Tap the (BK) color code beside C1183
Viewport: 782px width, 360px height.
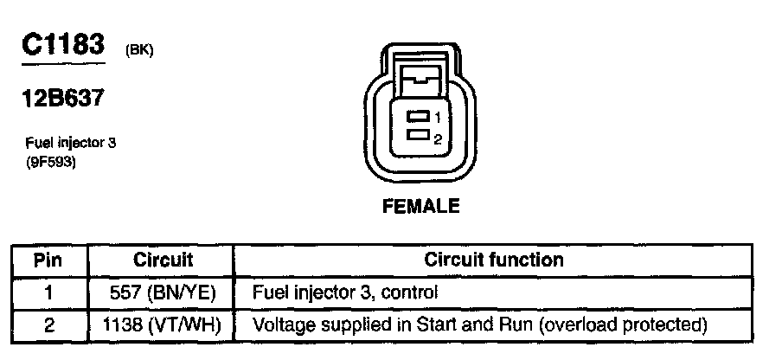click(139, 50)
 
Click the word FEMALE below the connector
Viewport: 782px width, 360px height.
click(421, 207)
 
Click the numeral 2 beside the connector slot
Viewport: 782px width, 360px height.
click(439, 138)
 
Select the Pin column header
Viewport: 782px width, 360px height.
click(48, 260)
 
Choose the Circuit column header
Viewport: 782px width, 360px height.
click(163, 260)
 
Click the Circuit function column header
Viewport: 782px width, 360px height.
click(494, 260)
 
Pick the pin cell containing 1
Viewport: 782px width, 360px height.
click(48, 292)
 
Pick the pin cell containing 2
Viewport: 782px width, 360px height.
click(48, 325)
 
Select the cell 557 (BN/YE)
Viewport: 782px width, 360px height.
click(163, 292)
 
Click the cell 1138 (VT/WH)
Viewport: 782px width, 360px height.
click(163, 325)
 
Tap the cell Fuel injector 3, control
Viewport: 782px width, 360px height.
click(345, 292)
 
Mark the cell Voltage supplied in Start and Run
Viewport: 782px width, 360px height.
click(479, 325)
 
